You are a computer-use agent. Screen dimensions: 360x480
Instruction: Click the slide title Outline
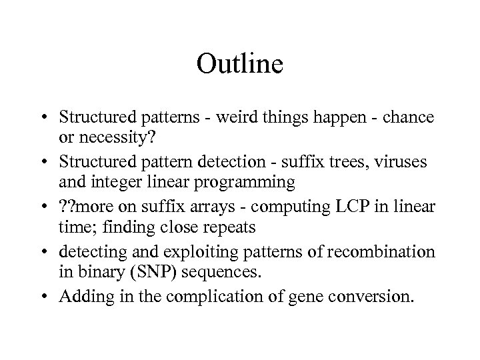[240, 64]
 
